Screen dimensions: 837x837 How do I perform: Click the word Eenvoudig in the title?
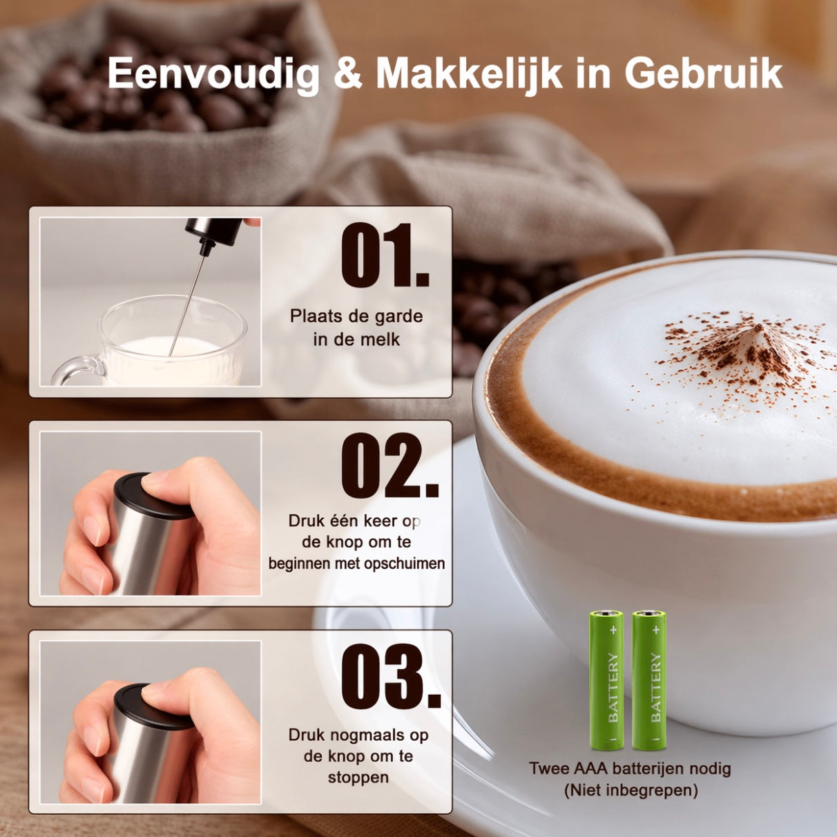tap(213, 75)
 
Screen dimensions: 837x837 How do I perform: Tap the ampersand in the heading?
tap(347, 75)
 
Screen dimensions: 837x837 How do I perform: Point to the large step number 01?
tap(385, 256)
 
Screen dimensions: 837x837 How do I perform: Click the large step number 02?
tap(389, 465)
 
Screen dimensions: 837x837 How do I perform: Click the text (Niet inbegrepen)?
tap(631, 789)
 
